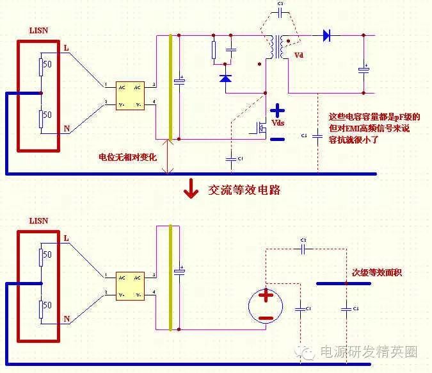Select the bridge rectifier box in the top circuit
130,95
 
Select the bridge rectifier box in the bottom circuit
130,286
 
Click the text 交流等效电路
244,190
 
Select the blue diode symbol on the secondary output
326,36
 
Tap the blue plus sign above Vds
276,110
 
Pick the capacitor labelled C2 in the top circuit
280,13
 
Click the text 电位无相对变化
127,157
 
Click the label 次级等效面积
377,272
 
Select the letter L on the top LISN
66,47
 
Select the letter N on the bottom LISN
67,319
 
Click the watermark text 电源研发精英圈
367,352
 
